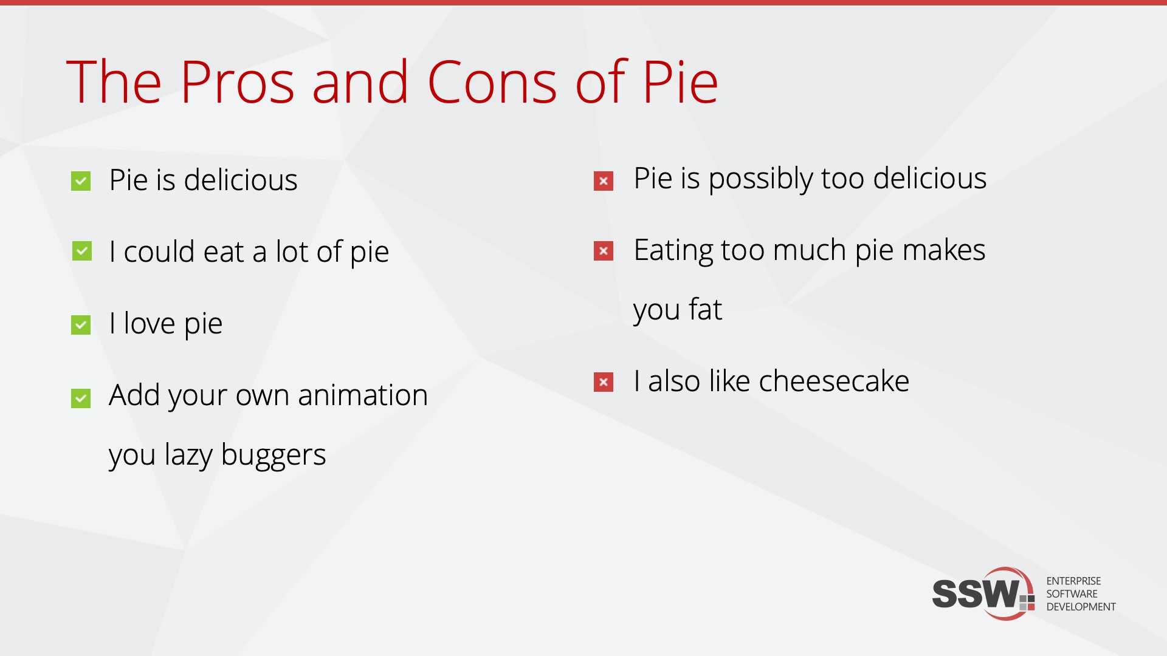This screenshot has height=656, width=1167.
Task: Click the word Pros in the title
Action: coord(238,82)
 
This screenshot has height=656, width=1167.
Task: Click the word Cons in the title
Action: coord(492,82)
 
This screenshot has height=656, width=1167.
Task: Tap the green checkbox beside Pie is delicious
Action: coord(81,181)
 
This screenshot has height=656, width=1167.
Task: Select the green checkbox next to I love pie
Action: coord(81,325)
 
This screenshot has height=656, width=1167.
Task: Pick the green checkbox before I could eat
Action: coord(82,251)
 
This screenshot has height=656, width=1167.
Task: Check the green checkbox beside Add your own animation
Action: coord(81,398)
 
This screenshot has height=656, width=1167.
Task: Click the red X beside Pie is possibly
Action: coord(604,181)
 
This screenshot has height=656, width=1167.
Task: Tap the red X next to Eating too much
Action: coord(604,251)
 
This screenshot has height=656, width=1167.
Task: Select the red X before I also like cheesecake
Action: coord(604,382)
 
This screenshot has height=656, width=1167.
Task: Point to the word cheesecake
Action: coord(834,381)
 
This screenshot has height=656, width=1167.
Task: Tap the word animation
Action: coord(363,395)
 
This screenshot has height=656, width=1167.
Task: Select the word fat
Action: coord(705,309)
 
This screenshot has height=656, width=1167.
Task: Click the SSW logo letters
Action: coord(976,593)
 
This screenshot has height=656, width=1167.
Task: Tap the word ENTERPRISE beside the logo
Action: coord(1073,581)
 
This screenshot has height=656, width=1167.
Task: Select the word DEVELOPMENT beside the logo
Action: coord(1081,607)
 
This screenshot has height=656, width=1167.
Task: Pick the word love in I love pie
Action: coord(150,323)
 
